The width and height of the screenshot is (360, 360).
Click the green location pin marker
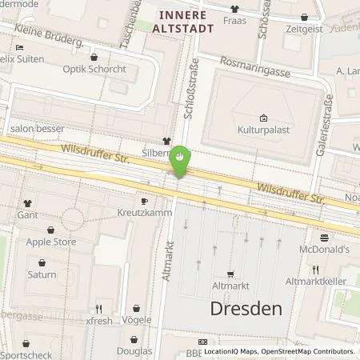[182, 159]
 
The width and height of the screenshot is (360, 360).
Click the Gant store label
[28, 216]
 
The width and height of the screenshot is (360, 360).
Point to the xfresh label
[100, 319]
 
